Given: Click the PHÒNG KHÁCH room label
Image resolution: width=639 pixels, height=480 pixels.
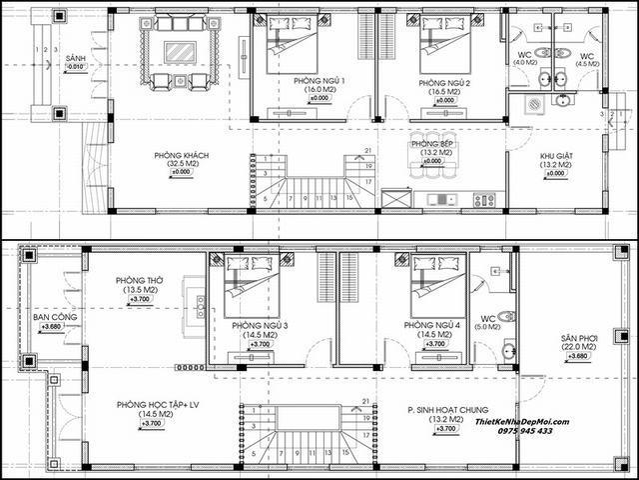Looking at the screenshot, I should point(181,156).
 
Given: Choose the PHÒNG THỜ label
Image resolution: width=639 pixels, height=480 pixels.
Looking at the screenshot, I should point(140,281).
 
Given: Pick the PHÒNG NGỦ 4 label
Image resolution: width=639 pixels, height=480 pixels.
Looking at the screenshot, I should point(433,326).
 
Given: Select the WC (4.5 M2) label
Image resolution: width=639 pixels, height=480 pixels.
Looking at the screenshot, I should point(588,56).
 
